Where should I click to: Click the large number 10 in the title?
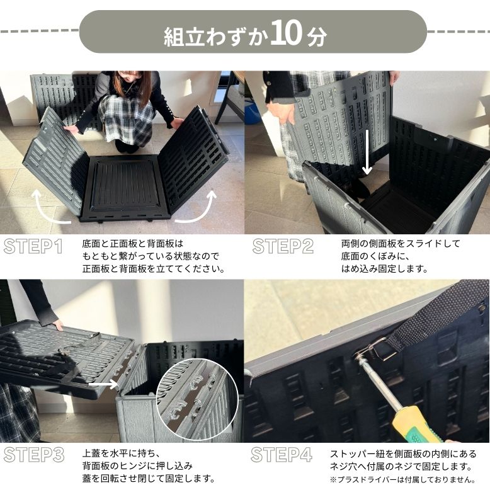287,33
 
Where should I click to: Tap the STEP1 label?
33,246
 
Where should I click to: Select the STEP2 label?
283,246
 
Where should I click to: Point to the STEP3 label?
34,455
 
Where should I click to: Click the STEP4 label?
282,455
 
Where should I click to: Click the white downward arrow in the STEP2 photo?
367,152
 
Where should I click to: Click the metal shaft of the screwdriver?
379,383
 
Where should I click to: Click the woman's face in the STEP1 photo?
129,78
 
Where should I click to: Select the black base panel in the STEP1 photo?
125,188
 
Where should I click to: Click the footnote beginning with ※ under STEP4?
403,479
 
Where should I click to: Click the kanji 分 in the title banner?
317,37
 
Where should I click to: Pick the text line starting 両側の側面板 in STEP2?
401,244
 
